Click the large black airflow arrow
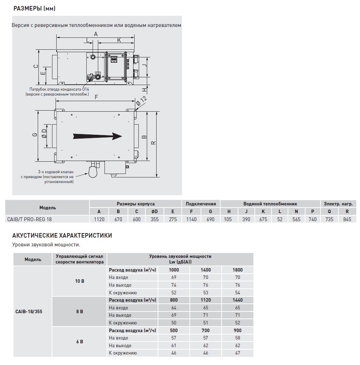[97, 136]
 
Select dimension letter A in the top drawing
[95, 34]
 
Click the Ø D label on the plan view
[44, 133]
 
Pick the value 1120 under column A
[99, 219]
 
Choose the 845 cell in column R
[347, 219]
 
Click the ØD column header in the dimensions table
[154, 211]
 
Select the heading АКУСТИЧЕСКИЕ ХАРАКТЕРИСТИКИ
[62, 236]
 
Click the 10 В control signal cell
[80, 281]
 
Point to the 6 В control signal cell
[80, 342]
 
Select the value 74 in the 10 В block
[174, 285]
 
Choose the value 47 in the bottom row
[237, 353]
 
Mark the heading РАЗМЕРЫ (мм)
[34, 8]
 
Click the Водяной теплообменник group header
[270, 204]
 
